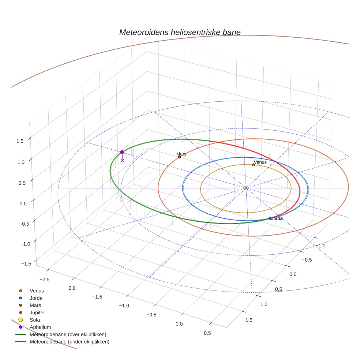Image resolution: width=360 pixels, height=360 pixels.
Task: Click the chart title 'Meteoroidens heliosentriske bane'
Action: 180,32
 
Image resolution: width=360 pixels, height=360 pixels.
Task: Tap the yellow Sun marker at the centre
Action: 246,188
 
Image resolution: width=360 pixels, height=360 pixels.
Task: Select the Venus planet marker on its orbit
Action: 253,165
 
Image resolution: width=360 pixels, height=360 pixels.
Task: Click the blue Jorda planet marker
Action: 270,218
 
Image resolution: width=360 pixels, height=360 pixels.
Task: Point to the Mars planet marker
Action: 179,157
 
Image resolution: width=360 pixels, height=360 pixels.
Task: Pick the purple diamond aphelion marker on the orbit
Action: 122,152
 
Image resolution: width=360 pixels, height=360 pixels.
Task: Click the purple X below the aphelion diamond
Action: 122,160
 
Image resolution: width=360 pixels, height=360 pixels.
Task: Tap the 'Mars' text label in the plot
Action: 181,154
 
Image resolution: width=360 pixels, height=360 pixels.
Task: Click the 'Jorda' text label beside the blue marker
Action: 277,218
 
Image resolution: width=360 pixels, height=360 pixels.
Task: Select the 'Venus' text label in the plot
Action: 260,162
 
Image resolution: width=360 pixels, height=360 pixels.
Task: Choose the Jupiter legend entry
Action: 37,312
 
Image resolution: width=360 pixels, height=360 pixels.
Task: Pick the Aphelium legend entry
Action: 40,327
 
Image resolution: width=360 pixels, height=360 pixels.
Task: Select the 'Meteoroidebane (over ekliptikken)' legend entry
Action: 68,334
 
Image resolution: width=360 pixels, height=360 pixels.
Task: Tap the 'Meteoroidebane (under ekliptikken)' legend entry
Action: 69,342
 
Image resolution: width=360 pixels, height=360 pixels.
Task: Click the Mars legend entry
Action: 35,305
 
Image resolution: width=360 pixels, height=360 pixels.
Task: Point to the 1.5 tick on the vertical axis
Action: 20,141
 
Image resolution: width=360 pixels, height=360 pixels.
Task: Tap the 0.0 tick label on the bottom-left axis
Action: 179,324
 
